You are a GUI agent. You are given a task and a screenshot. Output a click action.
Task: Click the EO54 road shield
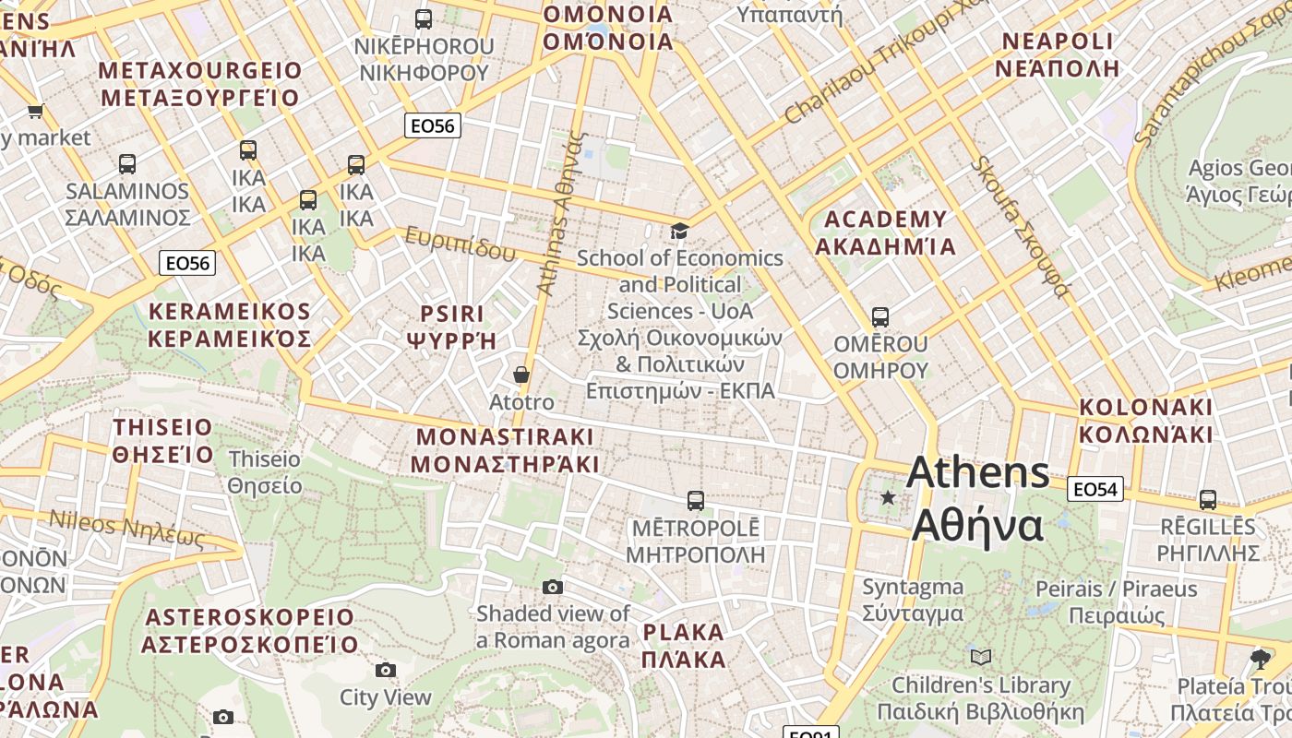point(1095,489)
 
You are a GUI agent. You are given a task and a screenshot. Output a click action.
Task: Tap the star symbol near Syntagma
point(888,498)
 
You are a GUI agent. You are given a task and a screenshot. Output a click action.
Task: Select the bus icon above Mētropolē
point(696,501)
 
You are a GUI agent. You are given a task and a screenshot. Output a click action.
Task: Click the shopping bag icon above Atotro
point(521,375)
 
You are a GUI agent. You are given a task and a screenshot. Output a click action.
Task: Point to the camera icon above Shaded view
point(552,587)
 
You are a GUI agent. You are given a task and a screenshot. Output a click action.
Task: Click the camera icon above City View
point(386,670)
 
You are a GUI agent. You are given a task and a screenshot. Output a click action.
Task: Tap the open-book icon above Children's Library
point(980,657)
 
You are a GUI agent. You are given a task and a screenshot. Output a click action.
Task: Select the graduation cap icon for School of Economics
point(679,231)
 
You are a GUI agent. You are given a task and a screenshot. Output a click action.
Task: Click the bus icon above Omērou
point(880,317)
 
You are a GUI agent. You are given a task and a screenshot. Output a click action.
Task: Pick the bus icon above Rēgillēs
point(1207,500)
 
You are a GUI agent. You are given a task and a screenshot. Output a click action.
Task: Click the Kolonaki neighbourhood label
point(1145,420)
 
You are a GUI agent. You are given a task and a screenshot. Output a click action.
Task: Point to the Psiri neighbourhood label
point(452,326)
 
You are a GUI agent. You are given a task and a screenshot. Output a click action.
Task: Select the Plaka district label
point(684,646)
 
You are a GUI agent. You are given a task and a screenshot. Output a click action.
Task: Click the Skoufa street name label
point(1021,227)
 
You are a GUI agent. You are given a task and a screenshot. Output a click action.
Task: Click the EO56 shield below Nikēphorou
point(433,125)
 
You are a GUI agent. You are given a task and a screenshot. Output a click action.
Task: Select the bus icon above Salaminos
point(127,164)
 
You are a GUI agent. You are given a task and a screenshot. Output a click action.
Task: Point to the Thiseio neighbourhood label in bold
point(163,440)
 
